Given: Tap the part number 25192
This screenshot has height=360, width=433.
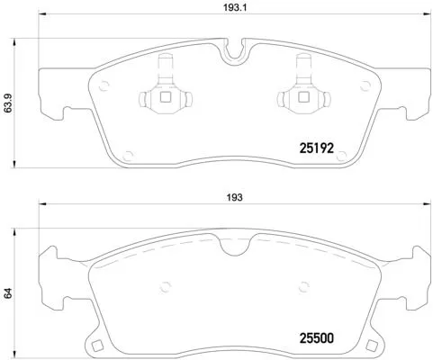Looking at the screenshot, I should tap(318, 145).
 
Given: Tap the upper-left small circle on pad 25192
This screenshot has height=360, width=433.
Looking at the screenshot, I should tap(104, 86).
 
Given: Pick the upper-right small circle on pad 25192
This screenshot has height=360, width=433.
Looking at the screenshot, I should tap(365, 86).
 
